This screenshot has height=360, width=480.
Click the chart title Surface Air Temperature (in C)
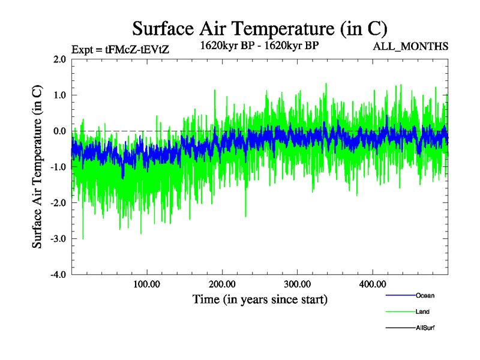click(260, 28)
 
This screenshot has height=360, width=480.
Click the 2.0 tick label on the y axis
click(59, 59)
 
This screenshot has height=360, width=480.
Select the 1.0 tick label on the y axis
click(59, 95)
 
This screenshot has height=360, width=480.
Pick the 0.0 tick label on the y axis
click(59, 131)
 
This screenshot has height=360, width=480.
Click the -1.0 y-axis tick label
click(58, 167)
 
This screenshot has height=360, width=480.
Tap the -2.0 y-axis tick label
click(58, 203)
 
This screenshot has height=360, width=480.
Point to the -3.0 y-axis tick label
click(58, 239)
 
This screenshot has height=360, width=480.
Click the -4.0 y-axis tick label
click(58, 274)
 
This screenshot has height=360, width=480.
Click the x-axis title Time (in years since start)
click(260, 299)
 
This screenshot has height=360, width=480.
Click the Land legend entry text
click(422, 312)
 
